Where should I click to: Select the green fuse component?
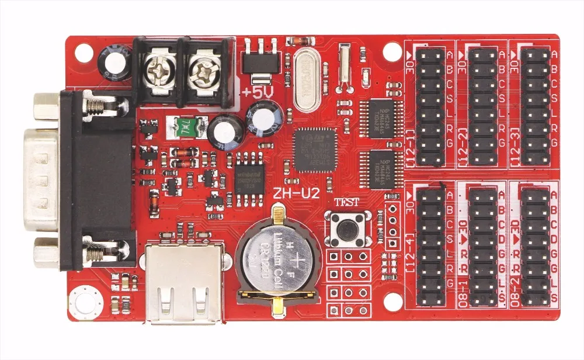[186, 125]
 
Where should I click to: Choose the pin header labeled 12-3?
[534, 105]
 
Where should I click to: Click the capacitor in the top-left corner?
[113, 63]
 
